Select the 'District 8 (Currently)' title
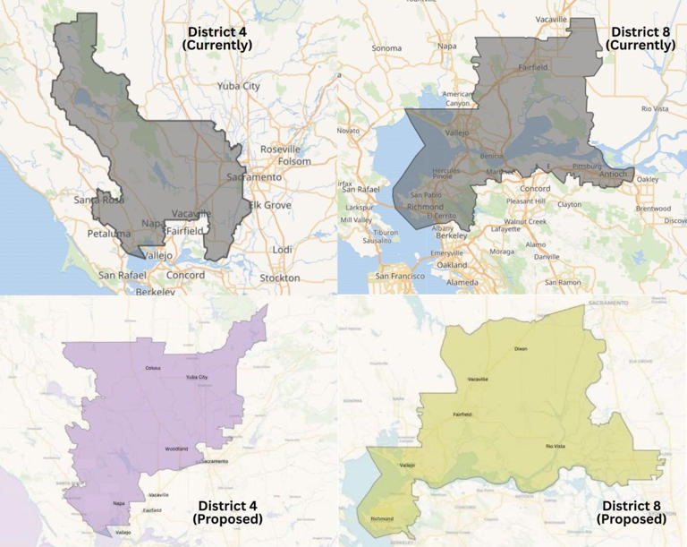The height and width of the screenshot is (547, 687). [637, 38]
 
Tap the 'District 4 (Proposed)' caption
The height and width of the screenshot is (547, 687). [227, 511]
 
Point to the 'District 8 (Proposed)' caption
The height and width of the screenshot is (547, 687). [632, 511]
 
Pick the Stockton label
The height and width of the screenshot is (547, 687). [279, 278]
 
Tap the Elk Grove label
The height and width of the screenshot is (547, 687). [270, 205]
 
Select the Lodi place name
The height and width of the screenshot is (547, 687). [282, 249]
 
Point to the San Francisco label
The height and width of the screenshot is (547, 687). [406, 277]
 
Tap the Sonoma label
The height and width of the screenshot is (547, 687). [386, 47]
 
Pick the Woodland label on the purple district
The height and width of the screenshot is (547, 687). [176, 449]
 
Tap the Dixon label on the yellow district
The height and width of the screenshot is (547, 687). [522, 348]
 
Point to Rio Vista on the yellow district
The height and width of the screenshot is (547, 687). [556, 445]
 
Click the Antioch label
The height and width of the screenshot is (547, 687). [614, 173]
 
